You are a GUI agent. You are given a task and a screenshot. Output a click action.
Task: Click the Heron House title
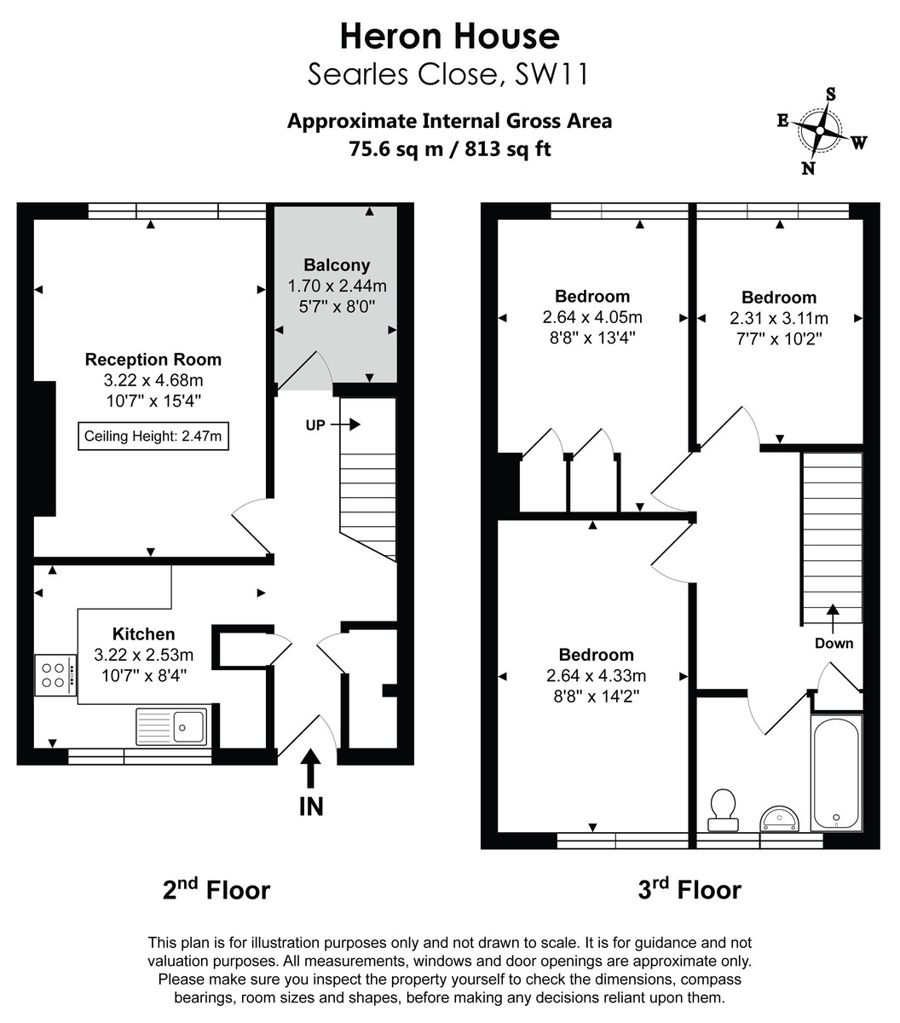[449, 36]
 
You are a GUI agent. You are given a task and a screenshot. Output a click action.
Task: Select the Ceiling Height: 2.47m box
[153, 436]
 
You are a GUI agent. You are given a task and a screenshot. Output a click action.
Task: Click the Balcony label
[337, 265]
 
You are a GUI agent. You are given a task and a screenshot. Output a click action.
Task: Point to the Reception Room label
[153, 360]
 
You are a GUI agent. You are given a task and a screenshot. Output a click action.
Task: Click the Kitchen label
[144, 634]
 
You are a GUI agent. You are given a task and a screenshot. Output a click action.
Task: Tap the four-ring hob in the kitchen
[53, 674]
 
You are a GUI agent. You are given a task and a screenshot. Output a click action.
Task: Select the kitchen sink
[171, 726]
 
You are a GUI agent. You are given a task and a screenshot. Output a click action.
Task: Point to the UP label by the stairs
[315, 425]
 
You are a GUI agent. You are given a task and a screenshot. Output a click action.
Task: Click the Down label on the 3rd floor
[834, 643]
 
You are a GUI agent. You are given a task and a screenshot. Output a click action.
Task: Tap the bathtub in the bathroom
[836, 773]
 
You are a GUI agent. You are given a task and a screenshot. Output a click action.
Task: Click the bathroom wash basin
[779, 818]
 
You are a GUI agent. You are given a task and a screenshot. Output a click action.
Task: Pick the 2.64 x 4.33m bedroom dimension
[596, 676]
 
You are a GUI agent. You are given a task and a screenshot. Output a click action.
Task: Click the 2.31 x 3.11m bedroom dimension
[779, 318]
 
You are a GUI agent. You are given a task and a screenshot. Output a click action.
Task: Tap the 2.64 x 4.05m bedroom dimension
[592, 317]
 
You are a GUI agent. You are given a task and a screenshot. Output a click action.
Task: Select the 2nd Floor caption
[216, 890]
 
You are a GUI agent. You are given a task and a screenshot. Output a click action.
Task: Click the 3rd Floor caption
[689, 890]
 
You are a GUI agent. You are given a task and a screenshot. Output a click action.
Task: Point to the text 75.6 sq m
[396, 148]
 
